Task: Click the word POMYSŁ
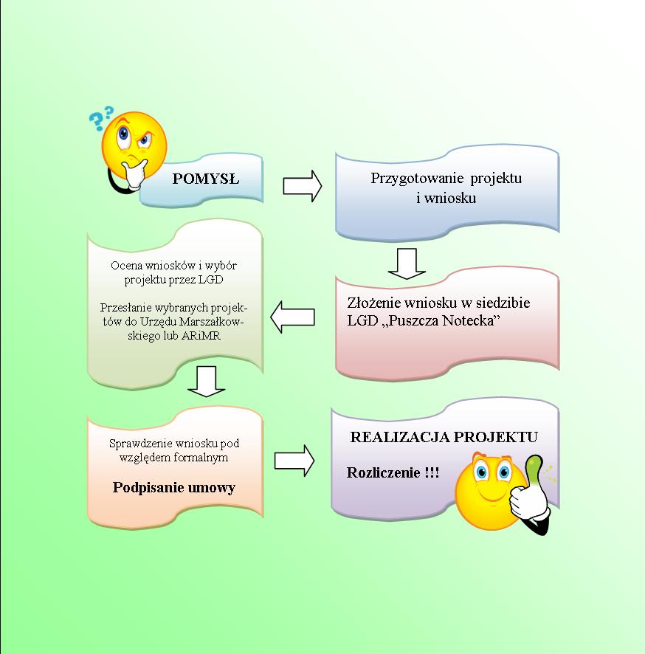coord(206,179)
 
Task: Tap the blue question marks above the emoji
coord(101,117)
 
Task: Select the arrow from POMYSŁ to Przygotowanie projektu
coord(303,185)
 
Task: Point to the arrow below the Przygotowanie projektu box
coord(407,264)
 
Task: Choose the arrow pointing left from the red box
coord(292,317)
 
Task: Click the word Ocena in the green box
coord(124,266)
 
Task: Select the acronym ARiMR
coord(201,336)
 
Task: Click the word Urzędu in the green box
coord(156,322)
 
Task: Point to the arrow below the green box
coord(207,381)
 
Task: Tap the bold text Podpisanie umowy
coord(174,487)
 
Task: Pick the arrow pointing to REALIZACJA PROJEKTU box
coord(294,461)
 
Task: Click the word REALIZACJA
coord(400,437)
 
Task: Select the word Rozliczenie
coord(384,472)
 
